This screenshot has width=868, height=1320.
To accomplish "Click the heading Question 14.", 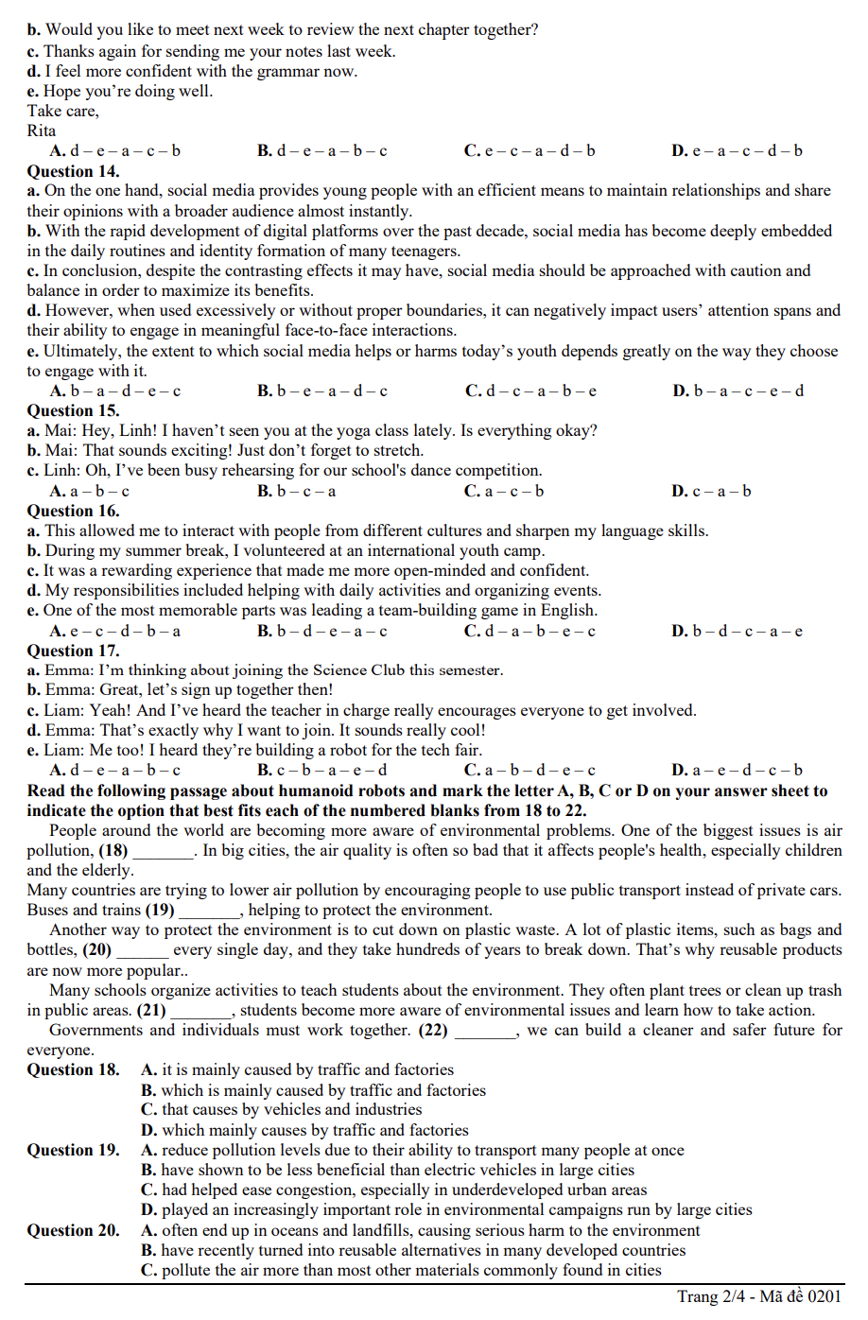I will coord(73,171).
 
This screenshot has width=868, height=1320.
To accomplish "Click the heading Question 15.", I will coord(73,410).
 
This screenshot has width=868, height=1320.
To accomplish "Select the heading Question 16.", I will coord(73,511).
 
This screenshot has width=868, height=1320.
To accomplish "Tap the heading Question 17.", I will coord(73,651).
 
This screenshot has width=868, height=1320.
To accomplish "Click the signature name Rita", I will coord(41,130).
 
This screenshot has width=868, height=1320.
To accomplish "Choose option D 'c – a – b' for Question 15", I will coord(711,491).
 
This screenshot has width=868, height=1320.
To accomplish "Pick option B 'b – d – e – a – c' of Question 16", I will coord(321,631).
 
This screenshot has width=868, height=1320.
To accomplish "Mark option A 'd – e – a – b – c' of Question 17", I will coord(114,770).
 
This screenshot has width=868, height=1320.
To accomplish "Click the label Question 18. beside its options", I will coord(73,1069).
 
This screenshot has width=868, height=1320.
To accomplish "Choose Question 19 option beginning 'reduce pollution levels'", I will coord(412,1150).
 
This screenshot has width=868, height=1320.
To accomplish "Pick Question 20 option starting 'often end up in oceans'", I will coord(421,1230).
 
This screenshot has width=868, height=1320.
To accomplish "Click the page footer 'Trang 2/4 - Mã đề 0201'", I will coord(758,1296).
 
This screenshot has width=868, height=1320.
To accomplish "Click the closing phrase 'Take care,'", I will coord(62,111).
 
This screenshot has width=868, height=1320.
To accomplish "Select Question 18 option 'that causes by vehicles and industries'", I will coord(282,1109).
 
